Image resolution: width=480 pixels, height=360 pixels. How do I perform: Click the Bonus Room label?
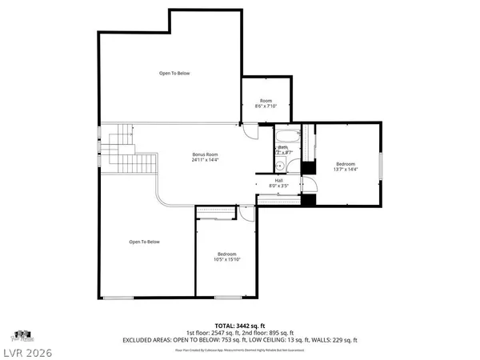(205, 154)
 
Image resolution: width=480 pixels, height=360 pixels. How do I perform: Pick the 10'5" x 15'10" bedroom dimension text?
(228, 258)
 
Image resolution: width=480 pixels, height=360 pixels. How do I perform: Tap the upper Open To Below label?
(173, 73)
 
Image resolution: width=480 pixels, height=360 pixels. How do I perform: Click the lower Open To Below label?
(145, 242)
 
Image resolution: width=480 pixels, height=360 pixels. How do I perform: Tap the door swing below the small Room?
(251, 132)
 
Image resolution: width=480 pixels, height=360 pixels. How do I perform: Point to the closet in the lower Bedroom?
(216, 210)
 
